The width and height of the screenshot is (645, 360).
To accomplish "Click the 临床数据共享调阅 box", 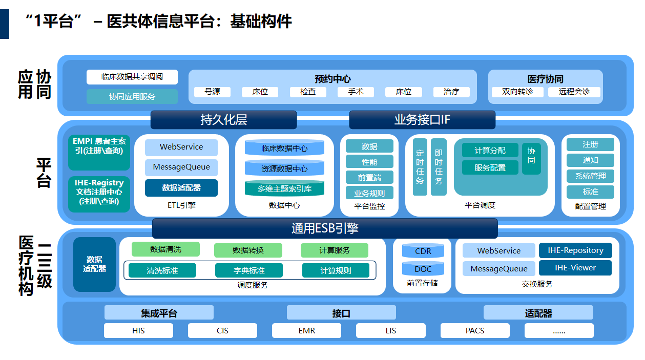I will point(132,77).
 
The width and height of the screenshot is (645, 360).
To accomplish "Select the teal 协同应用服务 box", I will point(132,96).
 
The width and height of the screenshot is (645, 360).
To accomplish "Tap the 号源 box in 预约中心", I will point(212,92).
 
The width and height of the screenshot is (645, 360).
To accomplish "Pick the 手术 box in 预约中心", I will point(356,92).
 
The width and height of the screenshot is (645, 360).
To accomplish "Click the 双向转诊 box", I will point(517,92).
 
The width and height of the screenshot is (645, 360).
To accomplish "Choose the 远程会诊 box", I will point(574,92).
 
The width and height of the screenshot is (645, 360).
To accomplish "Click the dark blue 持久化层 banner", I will point(223,120).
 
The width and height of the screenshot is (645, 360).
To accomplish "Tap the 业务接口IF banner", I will point(422,120).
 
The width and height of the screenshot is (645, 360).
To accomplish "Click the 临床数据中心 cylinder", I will point(284,148).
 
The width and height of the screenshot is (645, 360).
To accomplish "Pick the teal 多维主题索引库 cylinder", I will point(284,188).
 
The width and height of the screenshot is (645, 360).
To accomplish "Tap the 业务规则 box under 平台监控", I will point(369,193).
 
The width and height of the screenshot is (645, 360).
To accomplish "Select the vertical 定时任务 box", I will point(420,167).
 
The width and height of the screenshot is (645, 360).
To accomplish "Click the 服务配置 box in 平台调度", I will point(490,167).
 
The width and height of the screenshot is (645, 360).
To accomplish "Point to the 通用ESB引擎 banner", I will point(325,228).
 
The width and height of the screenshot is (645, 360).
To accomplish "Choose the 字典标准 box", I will point(249,270).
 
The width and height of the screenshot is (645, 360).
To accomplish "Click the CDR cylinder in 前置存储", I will point(423,251).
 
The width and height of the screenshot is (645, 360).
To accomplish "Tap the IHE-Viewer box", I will point(575,267).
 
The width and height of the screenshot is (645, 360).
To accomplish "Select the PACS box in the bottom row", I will point(475,331).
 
